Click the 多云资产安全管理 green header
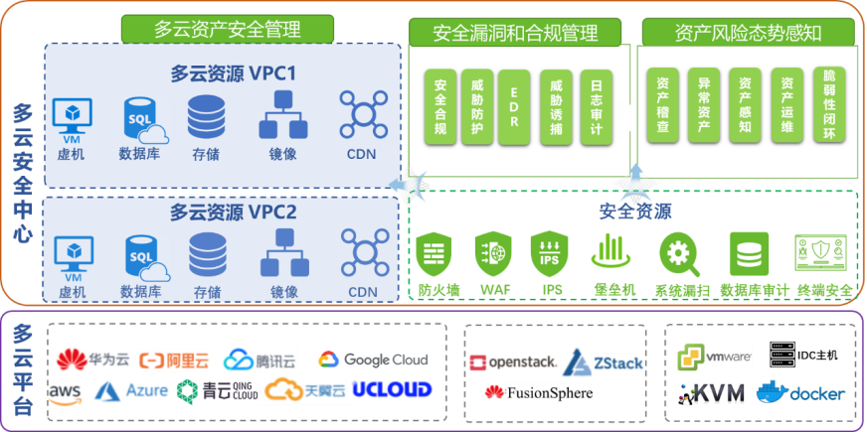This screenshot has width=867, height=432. click(227, 28)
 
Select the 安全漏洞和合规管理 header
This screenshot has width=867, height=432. click(516, 33)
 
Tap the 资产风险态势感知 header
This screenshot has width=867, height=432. click(748, 33)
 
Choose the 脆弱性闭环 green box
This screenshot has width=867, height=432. click(830, 104)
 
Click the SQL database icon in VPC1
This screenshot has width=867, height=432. click(141, 118)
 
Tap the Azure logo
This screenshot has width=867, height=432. click(131, 391)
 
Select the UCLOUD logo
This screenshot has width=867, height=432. click(393, 388)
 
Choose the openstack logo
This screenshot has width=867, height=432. click(512, 361)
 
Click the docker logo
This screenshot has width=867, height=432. click(800, 392)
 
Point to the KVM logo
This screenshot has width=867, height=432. click(711, 393)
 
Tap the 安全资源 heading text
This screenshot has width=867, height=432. click(634, 211)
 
